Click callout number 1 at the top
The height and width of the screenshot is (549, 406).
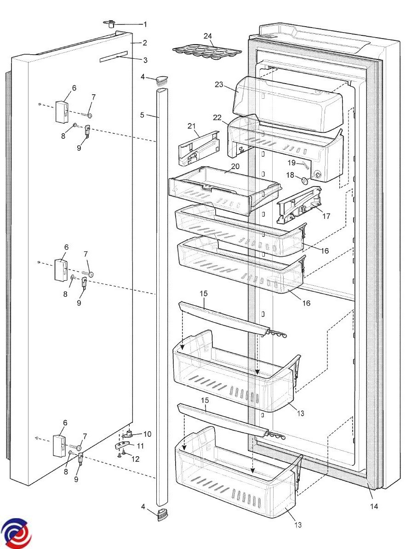pos(146,23)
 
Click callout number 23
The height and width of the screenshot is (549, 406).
pos(218,84)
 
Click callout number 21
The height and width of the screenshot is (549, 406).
pos(192,125)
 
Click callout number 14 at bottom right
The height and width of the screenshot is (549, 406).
pos(374,506)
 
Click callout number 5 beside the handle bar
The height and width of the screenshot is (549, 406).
pos(143,115)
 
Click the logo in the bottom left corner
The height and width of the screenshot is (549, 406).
pos(16,533)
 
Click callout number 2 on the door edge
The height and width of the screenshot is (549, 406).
pos(144,43)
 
